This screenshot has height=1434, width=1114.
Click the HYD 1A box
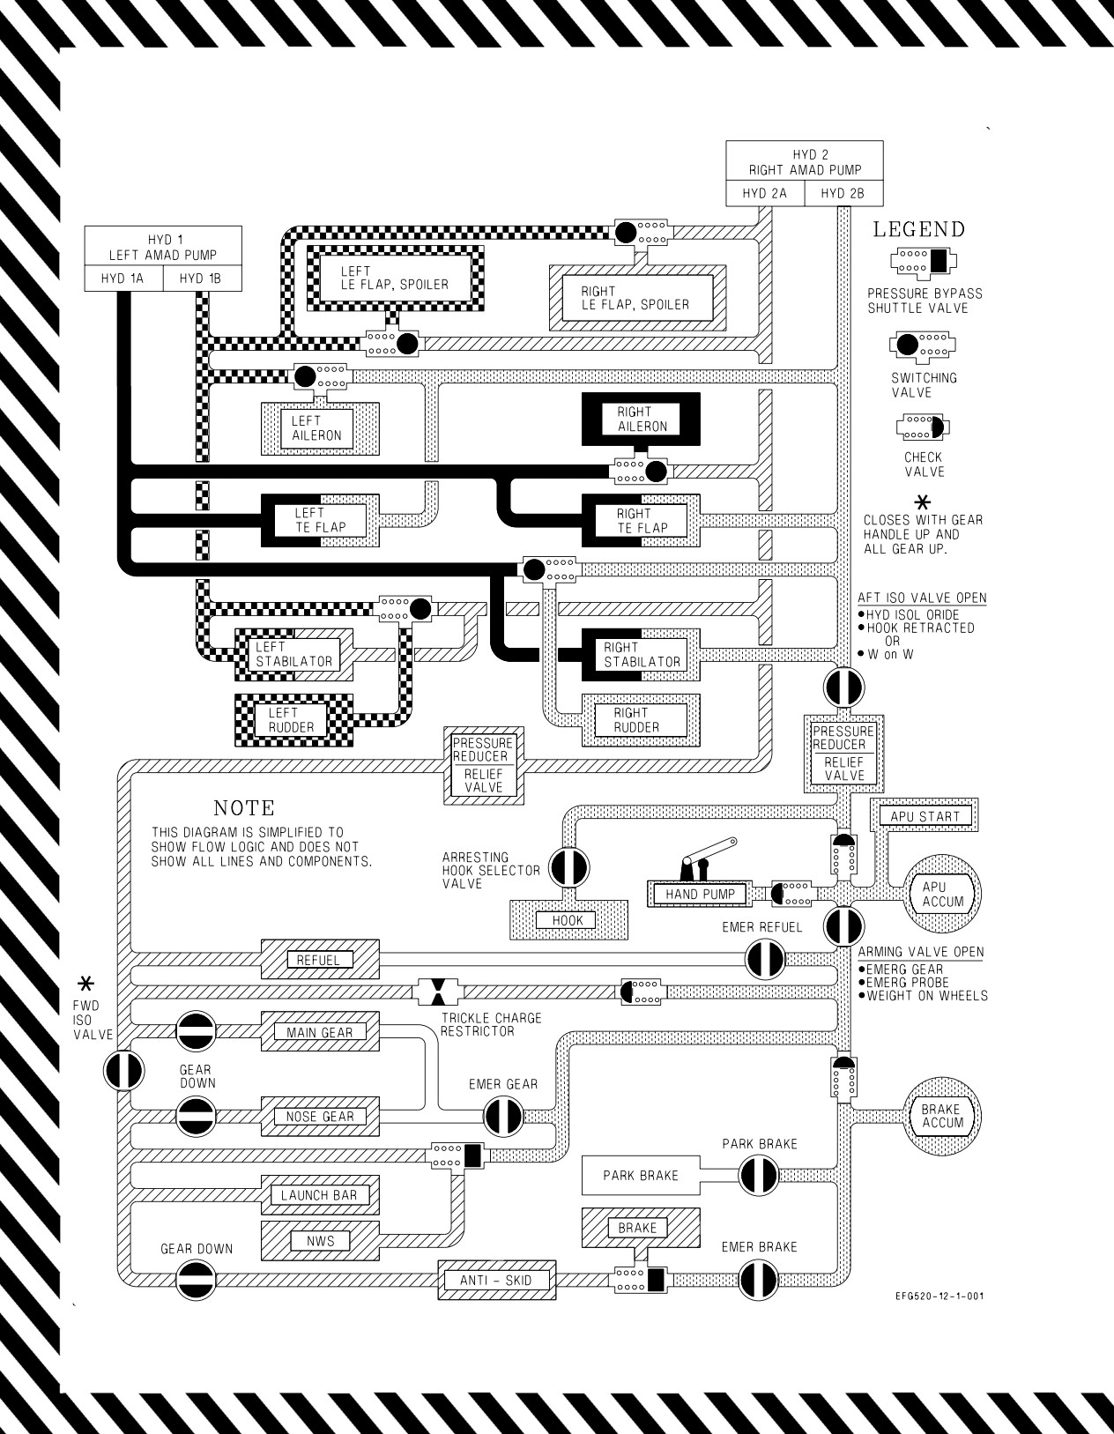point(123,279)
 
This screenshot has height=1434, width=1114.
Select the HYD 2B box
point(843,193)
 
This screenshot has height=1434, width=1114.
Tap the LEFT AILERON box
point(320,428)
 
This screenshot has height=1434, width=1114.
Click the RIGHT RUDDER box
point(641,720)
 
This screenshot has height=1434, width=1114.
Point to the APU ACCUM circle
point(941,895)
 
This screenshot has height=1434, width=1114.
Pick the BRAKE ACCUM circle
point(941,1116)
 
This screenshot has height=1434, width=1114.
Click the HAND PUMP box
point(700,895)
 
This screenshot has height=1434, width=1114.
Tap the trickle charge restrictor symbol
point(438,992)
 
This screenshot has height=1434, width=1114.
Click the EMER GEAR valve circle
point(503,1117)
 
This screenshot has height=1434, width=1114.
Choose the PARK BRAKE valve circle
point(759,1175)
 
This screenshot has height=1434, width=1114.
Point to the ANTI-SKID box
point(497,1281)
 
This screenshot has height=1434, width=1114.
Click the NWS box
point(320,1241)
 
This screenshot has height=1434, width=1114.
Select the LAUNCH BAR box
point(320,1195)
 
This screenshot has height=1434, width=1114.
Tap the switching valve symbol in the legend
point(922,345)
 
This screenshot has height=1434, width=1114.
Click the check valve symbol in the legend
point(922,427)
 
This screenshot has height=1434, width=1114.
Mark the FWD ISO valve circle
point(124,1070)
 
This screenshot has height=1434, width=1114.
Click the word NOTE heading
point(244,808)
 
